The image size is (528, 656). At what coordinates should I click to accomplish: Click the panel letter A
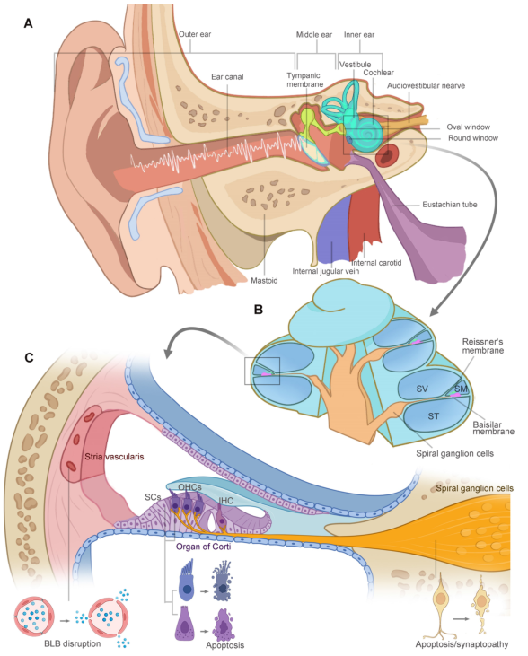point(28,23)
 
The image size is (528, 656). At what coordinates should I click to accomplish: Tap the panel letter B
point(259,310)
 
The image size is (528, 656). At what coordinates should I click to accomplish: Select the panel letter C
point(29,358)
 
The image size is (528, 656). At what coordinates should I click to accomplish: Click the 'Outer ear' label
point(195,34)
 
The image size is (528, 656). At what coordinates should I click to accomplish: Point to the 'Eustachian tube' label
point(449,205)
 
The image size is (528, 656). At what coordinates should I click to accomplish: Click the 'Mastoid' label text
point(264,280)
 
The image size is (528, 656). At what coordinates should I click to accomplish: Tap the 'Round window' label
point(473,138)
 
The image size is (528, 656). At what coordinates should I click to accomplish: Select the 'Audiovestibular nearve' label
point(426,86)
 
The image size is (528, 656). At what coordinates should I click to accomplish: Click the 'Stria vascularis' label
point(114,457)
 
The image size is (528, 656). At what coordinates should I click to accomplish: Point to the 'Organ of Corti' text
point(203,547)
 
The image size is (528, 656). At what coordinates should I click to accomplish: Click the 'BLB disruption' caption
point(73,643)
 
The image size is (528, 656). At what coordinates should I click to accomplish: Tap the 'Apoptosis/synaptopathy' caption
point(462,644)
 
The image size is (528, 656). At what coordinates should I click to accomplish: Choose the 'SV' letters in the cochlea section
point(422,389)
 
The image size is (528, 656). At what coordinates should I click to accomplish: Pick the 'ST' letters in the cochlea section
point(434,416)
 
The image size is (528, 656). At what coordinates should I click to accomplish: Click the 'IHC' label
point(225,501)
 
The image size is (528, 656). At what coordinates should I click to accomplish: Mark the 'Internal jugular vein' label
point(325,271)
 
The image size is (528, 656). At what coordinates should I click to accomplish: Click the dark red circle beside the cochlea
point(386,155)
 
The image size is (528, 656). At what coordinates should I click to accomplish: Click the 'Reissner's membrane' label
point(483,346)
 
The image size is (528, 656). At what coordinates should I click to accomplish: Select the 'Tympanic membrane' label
point(304,80)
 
